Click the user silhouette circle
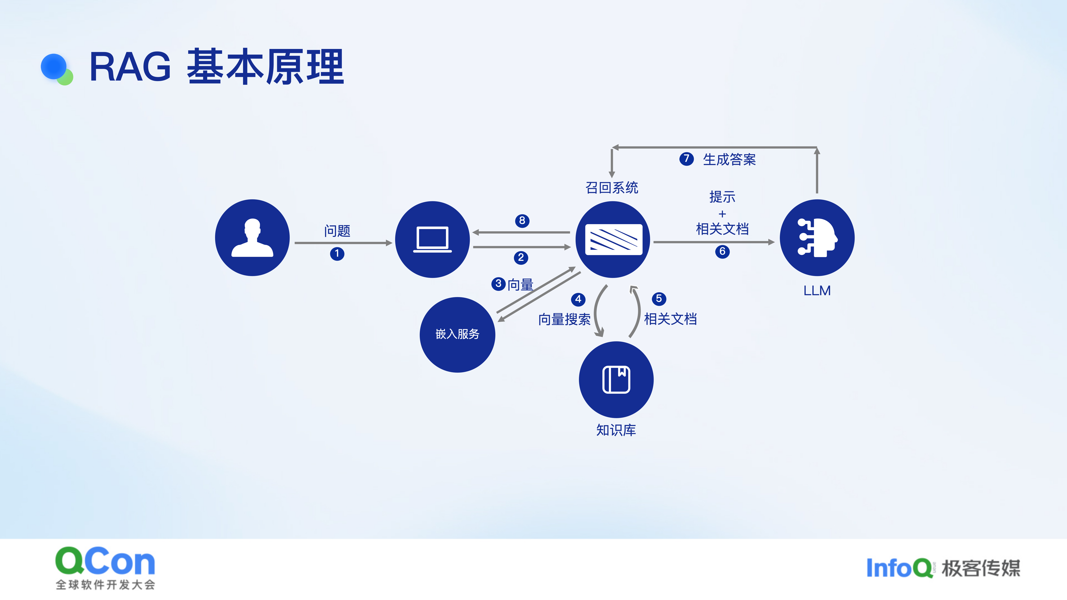click(252, 238)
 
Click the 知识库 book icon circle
click(616, 379)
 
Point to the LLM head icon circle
click(817, 238)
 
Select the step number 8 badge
click(522, 221)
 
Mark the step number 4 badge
click(578, 299)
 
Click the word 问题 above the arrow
click(337, 231)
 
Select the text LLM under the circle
click(817, 291)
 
